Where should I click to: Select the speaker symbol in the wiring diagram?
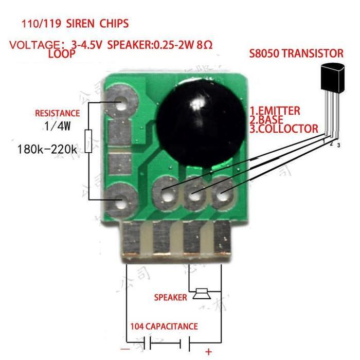coord(202,295)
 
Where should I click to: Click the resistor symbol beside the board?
coord(88,141)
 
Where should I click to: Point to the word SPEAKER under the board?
coord(170,298)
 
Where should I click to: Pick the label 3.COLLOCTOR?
coord(283,129)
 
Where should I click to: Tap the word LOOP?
coord(62,53)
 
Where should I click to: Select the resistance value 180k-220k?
coord(47,150)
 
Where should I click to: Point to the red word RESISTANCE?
coord(57,113)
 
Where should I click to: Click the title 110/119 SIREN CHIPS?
coord(75,24)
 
